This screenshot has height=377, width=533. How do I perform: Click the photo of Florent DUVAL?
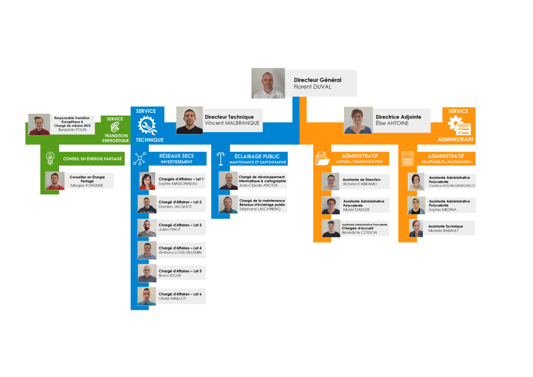(x=268, y=83)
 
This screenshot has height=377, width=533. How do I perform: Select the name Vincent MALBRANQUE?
(x=232, y=123)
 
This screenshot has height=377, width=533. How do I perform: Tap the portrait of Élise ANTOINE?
(x=358, y=120)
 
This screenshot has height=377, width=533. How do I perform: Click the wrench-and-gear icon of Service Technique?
(x=147, y=125)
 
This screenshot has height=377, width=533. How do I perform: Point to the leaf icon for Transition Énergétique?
(x=115, y=127)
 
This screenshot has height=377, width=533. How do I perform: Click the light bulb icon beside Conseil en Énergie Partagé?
(x=50, y=158)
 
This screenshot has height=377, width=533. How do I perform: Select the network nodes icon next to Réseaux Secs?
(x=140, y=159)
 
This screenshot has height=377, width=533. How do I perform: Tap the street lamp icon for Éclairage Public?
(x=221, y=159)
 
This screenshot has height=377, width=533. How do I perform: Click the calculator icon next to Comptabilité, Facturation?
(x=408, y=159)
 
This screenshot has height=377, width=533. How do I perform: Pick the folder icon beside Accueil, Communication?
(x=322, y=159)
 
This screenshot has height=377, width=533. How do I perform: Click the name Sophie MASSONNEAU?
(x=178, y=184)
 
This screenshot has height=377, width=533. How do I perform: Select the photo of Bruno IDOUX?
(x=147, y=274)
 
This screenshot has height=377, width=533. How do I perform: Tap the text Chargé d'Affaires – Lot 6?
(x=180, y=294)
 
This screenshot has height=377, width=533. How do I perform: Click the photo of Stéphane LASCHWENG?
(x=228, y=205)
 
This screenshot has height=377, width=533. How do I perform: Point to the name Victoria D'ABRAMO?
(x=359, y=184)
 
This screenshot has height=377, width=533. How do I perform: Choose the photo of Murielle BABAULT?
(x=416, y=228)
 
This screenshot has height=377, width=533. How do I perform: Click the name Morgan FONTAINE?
(x=87, y=186)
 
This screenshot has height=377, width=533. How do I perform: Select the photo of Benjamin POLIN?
(x=39, y=124)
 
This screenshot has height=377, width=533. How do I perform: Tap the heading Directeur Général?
(x=317, y=80)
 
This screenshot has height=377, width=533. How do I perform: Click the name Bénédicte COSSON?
(x=359, y=233)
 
